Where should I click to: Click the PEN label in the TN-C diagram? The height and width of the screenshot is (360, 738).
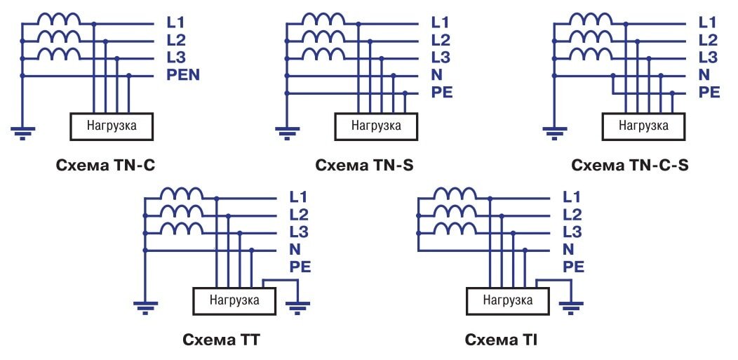pyautogui.click(x=183, y=75)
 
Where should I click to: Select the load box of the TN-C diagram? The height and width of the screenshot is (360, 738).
pyautogui.click(x=112, y=126)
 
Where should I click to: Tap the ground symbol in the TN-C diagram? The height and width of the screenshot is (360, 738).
pyautogui.click(x=22, y=131)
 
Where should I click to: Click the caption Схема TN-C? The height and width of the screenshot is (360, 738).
pyautogui.click(x=105, y=166)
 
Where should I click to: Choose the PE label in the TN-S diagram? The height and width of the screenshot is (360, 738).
pyautogui.click(x=443, y=92)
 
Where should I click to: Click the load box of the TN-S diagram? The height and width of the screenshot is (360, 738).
pyautogui.click(x=376, y=126)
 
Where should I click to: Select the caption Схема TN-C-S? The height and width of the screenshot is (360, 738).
pyautogui.click(x=630, y=166)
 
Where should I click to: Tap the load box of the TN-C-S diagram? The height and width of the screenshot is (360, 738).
pyautogui.click(x=645, y=126)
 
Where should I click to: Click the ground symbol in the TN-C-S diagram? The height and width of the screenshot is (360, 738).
pyautogui.click(x=554, y=131)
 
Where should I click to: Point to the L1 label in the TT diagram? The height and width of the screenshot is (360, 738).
pyautogui.click(x=297, y=197)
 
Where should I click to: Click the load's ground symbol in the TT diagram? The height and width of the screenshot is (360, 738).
pyautogui.click(x=298, y=305)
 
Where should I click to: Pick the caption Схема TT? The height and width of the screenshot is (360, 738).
pyautogui.click(x=222, y=341)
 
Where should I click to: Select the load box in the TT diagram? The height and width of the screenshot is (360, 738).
pyautogui.click(x=234, y=300)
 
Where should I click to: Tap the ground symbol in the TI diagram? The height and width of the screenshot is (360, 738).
pyautogui.click(x=571, y=305)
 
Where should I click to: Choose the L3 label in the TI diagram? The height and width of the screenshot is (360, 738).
pyautogui.click(x=572, y=232)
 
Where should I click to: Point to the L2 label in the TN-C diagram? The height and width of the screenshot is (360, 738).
pyautogui.click(x=176, y=40)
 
